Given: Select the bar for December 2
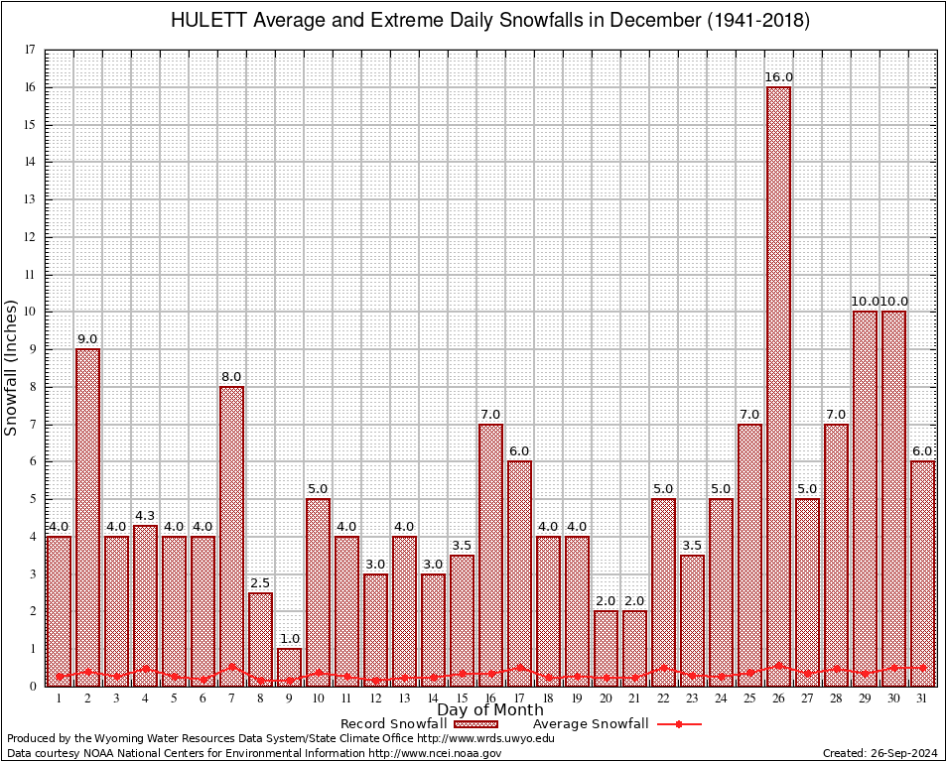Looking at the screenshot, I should click(x=87, y=516).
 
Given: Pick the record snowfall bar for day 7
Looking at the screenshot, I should click(x=231, y=536).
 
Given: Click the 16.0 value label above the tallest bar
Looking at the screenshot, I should click(x=778, y=77).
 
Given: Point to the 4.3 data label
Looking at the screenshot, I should click(x=145, y=516).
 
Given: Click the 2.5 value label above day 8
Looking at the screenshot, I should click(x=260, y=583).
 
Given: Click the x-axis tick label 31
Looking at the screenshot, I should click(x=922, y=698).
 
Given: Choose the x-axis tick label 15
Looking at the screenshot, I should click(x=462, y=698).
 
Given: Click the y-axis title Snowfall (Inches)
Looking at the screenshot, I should click(x=12, y=367).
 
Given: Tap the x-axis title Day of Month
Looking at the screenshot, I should click(x=490, y=709).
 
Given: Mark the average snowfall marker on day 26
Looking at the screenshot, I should click(x=778, y=666).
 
